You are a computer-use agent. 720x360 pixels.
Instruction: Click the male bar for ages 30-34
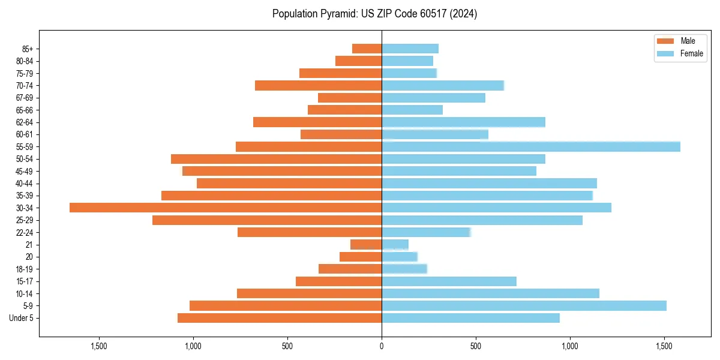click(226, 208)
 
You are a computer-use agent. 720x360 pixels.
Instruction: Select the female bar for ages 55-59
click(531, 146)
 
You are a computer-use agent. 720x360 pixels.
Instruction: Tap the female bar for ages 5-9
click(524, 305)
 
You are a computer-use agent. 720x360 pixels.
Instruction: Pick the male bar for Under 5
click(280, 318)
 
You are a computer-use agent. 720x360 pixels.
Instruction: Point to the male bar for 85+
click(367, 49)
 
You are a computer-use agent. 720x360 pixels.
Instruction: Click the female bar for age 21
click(395, 244)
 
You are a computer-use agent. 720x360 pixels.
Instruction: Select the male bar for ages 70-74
click(318, 85)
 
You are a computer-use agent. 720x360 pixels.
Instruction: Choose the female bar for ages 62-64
click(463, 122)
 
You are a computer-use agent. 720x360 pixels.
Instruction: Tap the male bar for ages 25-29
click(267, 220)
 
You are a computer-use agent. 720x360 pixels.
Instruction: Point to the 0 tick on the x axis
click(382, 346)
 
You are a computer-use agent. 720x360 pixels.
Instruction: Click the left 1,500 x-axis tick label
click(98, 346)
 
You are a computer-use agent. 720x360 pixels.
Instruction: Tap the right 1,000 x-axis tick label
click(570, 346)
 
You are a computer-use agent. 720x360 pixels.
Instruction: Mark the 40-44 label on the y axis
click(24, 184)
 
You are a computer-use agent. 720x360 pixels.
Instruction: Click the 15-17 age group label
click(24, 281)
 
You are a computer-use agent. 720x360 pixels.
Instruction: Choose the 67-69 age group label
click(24, 98)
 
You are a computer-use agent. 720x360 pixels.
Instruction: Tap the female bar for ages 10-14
click(490, 293)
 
